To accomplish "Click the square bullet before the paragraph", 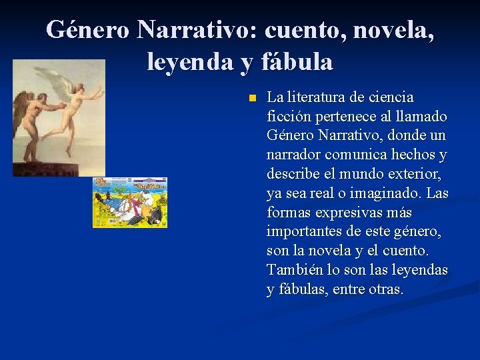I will (251, 98).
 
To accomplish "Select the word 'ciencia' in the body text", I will (391, 97).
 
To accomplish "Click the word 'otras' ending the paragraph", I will (386, 290).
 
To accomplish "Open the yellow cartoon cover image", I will (129, 202).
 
